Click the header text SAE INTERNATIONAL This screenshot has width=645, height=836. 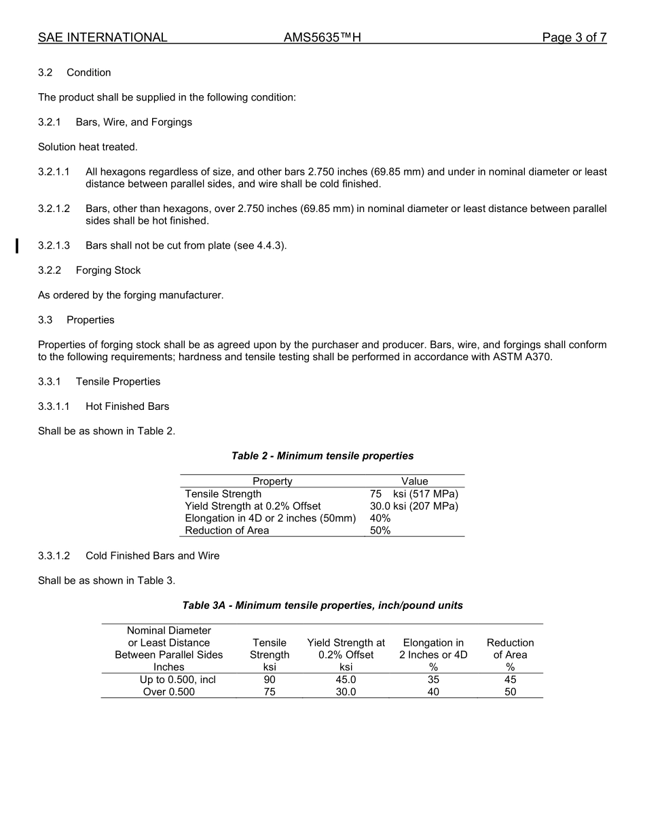point(103,37)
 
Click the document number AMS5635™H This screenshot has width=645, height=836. point(322,37)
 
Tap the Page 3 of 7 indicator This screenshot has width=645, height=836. point(574,37)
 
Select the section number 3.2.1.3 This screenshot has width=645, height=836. point(54,245)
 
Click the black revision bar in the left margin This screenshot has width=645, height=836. point(18,245)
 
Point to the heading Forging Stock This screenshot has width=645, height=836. point(108,270)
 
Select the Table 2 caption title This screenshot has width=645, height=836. point(322,455)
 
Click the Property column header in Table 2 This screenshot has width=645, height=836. point(272,481)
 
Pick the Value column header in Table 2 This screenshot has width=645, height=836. point(414,481)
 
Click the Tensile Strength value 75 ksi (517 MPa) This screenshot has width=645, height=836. point(413,493)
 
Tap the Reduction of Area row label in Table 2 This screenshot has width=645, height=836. point(227,530)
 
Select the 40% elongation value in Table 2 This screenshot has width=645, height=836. point(380,518)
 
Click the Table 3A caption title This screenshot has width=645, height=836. point(322,605)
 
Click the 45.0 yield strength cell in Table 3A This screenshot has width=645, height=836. point(346,680)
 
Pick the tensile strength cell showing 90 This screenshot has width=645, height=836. point(270,680)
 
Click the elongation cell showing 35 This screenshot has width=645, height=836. point(433,680)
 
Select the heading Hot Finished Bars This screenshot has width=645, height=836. point(127,406)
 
